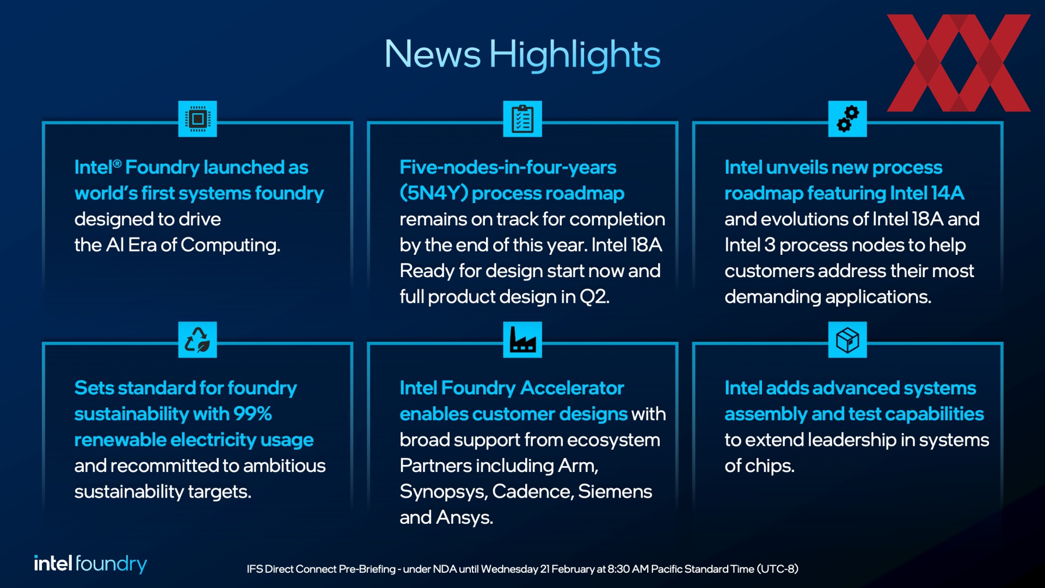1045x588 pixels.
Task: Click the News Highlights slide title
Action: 522,54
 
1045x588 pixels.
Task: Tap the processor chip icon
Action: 198,119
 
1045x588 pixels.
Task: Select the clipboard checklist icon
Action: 522,119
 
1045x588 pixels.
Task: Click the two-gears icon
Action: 847,119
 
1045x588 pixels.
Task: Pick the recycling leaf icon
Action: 198,340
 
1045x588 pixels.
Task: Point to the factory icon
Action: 522,340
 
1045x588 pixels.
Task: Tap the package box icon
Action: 847,340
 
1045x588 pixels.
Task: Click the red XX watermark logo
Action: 958,63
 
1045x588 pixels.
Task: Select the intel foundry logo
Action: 90,563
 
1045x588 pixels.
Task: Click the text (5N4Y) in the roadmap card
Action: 434,193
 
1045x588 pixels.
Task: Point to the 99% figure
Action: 253,414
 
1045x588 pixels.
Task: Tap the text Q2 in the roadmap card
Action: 594,297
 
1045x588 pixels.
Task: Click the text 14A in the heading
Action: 947,193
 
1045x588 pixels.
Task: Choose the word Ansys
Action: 465,518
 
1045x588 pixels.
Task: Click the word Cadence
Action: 532,492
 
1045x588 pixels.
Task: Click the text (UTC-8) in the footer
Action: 778,569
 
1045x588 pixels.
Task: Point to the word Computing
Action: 230,246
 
